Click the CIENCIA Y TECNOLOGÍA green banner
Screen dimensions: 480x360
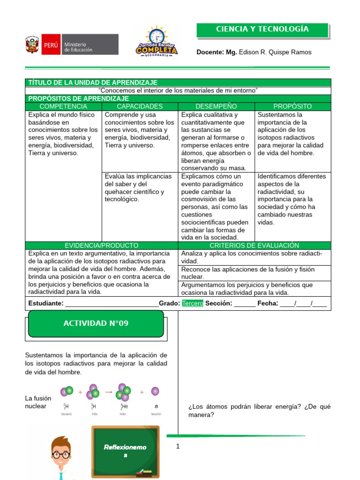pos(262,30)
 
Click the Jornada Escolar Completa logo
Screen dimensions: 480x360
pos(156,42)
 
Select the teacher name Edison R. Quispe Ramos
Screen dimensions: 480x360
pos(275,52)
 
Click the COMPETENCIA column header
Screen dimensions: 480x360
pos(63,106)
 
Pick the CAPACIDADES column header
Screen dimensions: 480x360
pos(140,106)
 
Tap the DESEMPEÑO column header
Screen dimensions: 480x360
pos(216,106)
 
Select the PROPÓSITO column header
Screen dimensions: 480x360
pos(292,106)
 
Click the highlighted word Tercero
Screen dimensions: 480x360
pos(193,303)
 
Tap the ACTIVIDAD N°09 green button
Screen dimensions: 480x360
pos(96,323)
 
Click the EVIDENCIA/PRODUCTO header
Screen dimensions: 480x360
pos(101,245)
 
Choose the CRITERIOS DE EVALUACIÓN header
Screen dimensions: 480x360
pos(254,245)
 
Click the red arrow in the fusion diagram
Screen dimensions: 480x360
pos(109,391)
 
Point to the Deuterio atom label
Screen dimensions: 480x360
pos(67,414)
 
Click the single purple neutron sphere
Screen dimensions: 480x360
pos(155,391)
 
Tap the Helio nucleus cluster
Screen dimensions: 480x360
pos(124,392)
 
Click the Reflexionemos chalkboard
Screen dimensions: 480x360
pos(125,451)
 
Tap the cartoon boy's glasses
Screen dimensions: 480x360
pos(61,454)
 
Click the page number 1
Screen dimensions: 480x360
pos(178,446)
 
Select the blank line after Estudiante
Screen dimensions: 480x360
pos(112,304)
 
